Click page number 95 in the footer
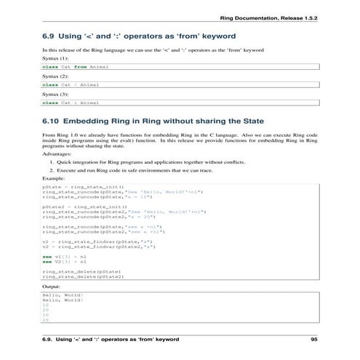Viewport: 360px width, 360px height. (314, 340)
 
